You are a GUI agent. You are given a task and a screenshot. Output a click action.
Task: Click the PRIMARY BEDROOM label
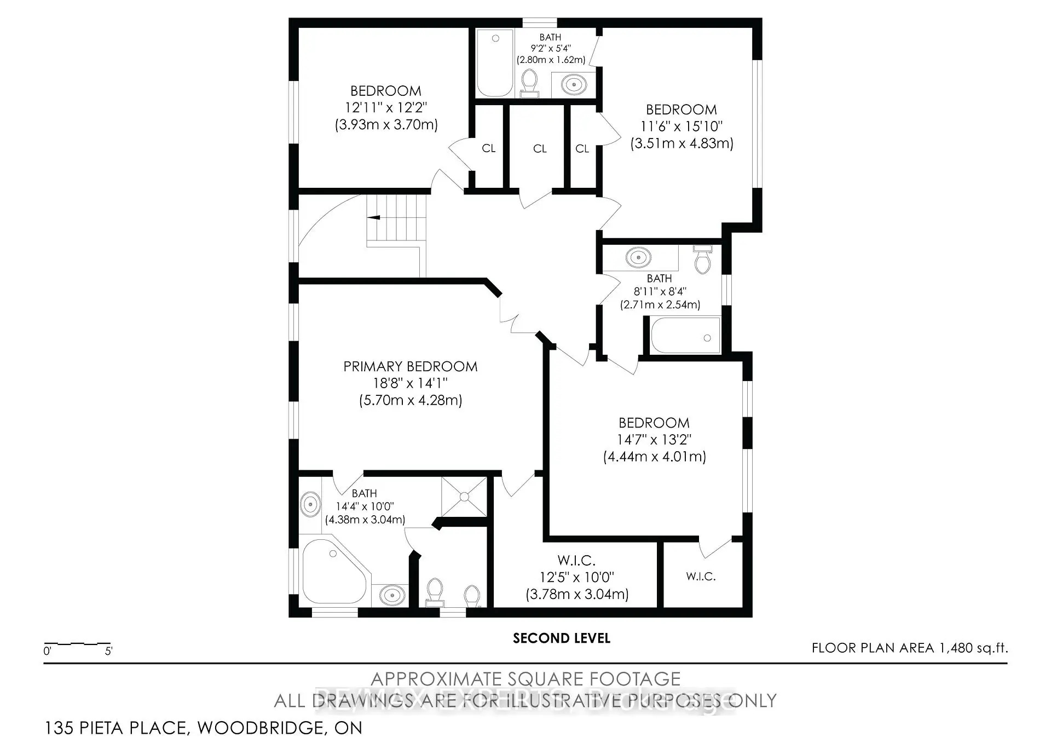point(410,366)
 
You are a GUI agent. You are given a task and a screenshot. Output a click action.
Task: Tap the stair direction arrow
point(374,217)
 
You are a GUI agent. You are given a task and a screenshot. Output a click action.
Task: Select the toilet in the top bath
point(529,83)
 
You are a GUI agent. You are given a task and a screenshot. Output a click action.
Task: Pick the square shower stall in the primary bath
point(464,497)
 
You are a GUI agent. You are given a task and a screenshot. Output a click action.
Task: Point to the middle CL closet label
point(540,148)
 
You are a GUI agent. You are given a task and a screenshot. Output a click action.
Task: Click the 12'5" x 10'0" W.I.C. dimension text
point(577,577)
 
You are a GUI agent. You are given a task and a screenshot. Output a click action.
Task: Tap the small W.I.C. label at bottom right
point(701,576)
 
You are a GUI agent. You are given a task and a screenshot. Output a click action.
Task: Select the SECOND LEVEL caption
point(561,638)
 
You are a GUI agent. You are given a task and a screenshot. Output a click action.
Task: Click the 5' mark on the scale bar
point(108,651)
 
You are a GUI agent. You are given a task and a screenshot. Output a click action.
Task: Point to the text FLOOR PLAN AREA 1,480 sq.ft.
point(909,648)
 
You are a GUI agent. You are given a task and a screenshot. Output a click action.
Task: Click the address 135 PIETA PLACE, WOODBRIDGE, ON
point(203,728)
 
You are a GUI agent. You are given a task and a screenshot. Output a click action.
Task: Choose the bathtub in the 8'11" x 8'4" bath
point(685,336)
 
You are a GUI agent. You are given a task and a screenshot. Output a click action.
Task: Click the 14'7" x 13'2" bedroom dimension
point(654,440)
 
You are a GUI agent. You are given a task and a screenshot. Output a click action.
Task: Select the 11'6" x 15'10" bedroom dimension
point(682,126)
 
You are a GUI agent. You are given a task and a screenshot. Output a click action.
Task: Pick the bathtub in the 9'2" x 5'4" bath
point(495,63)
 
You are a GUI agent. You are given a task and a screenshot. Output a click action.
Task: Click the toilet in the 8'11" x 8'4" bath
point(702,260)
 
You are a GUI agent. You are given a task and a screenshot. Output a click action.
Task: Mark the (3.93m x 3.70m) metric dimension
point(386,125)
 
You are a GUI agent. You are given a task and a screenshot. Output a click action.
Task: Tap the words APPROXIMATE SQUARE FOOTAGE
point(525,679)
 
